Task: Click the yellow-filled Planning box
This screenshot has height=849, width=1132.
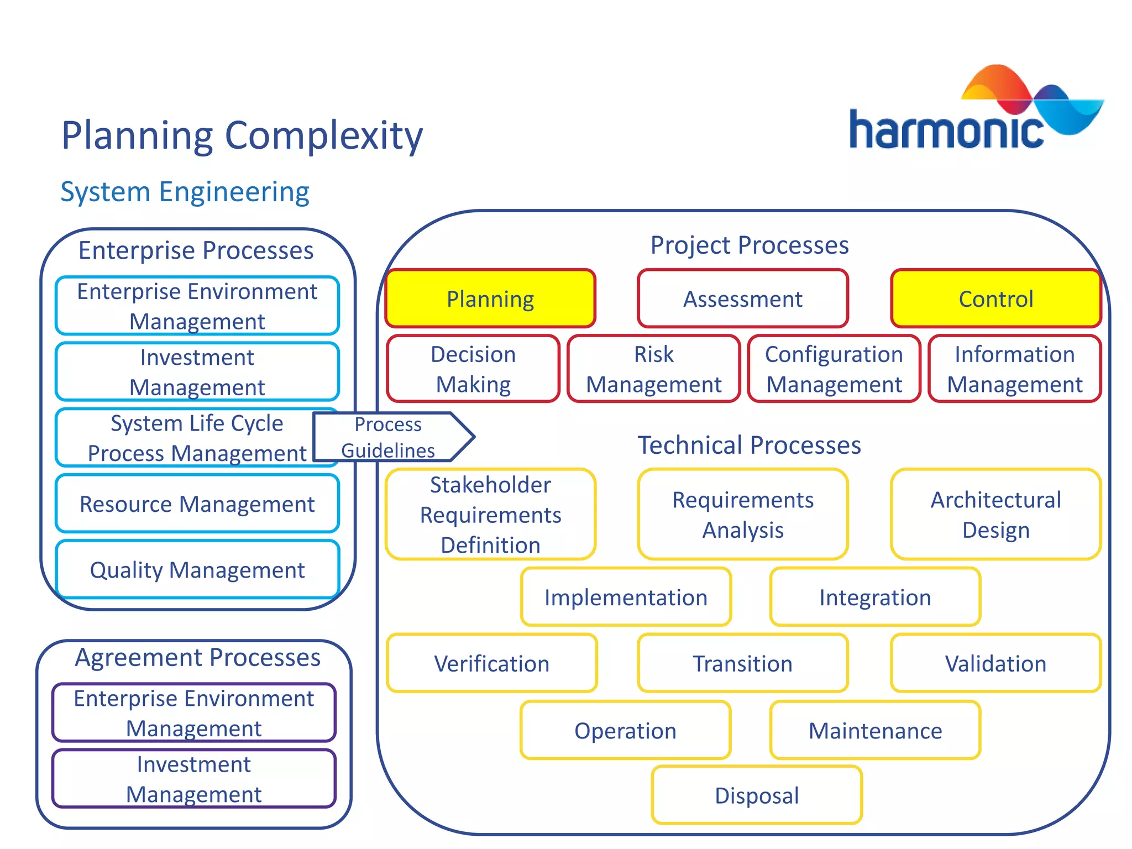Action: click(490, 299)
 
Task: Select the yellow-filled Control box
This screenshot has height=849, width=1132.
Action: click(995, 299)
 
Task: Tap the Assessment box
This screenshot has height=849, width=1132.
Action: click(742, 299)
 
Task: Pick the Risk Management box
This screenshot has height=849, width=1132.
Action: click(653, 369)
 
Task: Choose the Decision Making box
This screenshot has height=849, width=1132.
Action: click(473, 369)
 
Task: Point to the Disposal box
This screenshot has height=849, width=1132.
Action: click(757, 795)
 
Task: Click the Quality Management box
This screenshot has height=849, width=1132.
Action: click(197, 570)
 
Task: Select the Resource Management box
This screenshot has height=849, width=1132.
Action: click(197, 504)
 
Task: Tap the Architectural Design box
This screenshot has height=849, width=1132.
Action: click(995, 515)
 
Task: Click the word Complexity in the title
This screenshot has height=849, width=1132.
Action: click(324, 135)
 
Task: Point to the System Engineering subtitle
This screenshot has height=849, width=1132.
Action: click(185, 192)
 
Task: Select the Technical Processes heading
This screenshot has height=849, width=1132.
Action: click(749, 445)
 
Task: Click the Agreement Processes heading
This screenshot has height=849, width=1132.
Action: click(197, 658)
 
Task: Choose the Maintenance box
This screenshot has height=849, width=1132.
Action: click(875, 731)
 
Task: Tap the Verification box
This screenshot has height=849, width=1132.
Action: click(491, 663)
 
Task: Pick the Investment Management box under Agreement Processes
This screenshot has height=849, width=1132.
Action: click(194, 779)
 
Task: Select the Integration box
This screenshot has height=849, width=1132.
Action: click(875, 598)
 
